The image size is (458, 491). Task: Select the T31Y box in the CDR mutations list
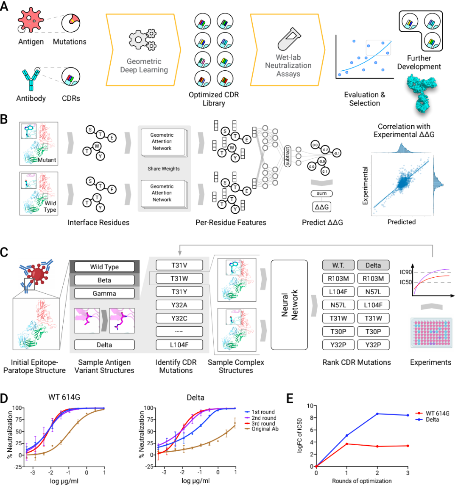click(179, 292)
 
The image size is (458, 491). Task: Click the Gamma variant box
click(104, 293)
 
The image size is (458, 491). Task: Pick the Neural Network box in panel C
click(289, 305)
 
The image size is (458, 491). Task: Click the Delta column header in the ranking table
click(373, 265)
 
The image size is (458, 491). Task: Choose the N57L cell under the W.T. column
click(338, 305)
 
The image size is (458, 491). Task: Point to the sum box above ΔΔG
click(321, 193)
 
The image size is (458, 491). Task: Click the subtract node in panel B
click(288, 156)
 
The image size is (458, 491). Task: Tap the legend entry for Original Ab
click(265, 429)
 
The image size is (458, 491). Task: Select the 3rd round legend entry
click(263, 424)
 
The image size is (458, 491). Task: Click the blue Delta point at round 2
click(377, 414)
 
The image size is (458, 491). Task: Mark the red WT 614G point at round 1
click(347, 444)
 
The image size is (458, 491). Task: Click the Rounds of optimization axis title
click(362, 481)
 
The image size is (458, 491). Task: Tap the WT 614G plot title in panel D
click(64, 397)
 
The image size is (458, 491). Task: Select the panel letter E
click(290, 398)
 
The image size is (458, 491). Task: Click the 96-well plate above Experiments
click(430, 333)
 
